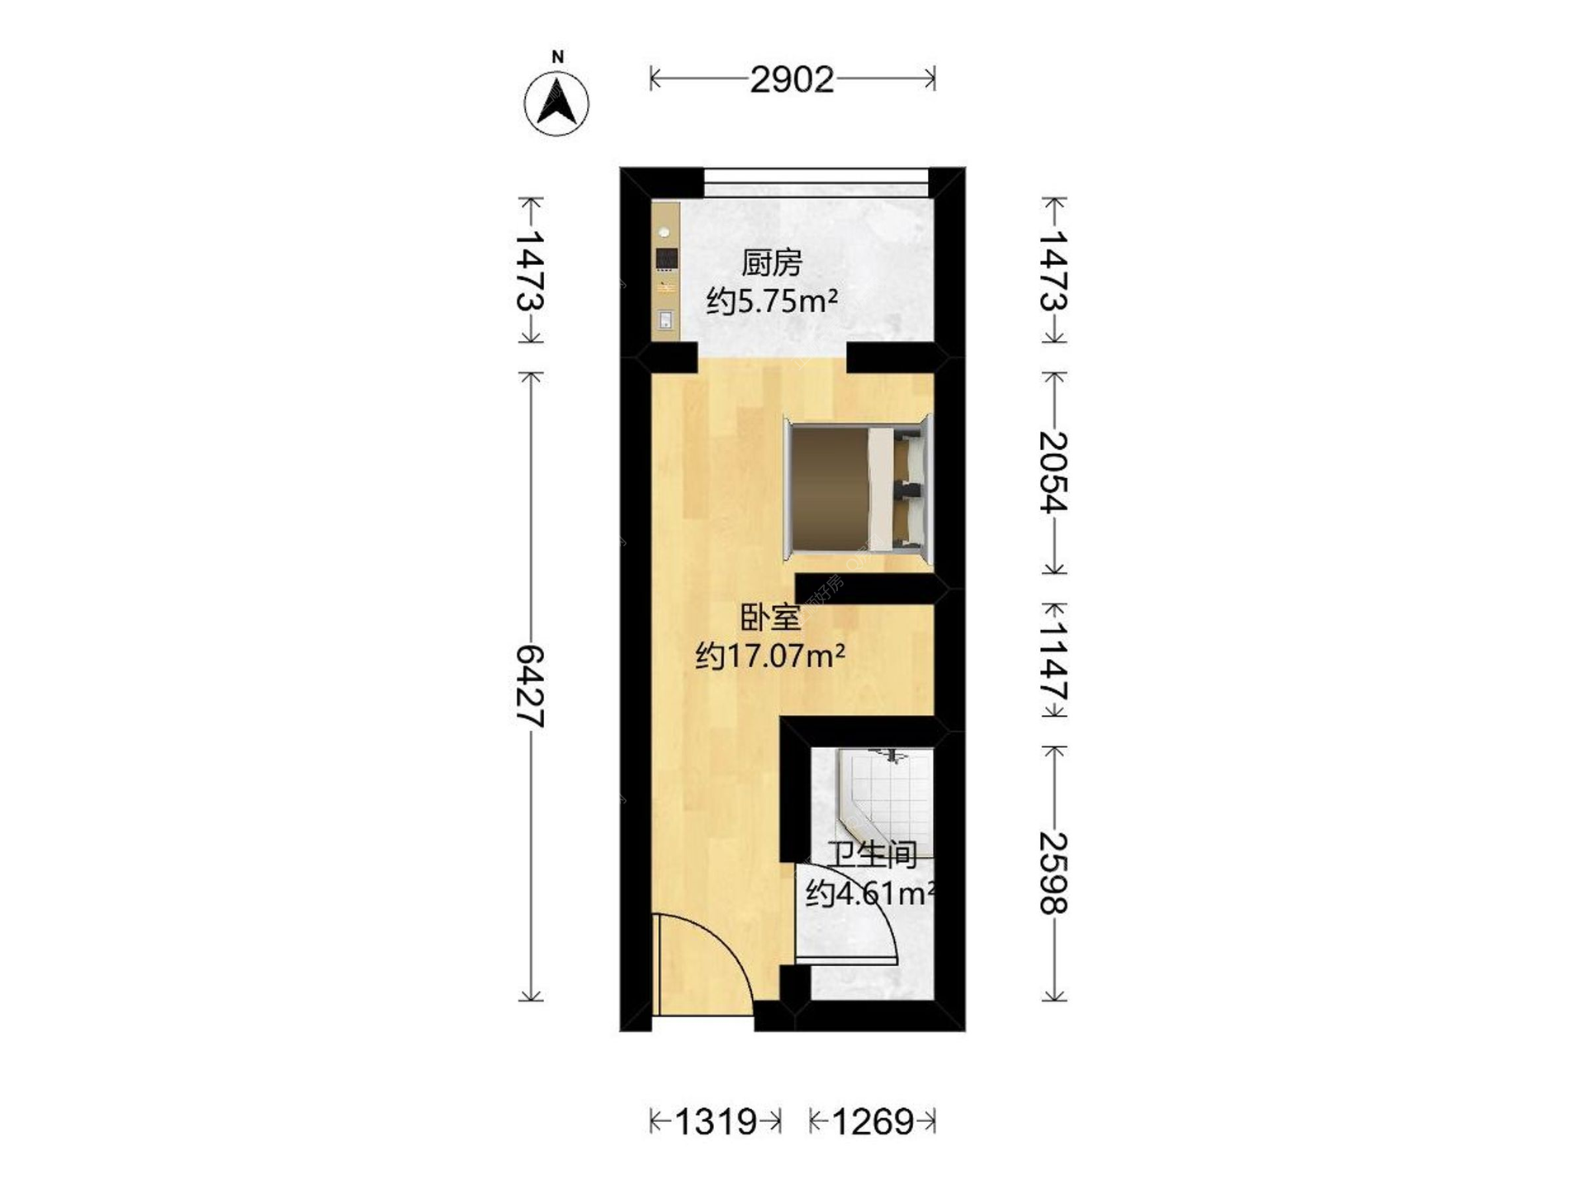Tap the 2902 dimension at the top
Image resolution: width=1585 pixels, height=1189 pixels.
tap(792, 80)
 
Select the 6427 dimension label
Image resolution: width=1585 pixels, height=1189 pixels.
tap(530, 686)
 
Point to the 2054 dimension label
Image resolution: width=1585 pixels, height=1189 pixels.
tap(1053, 472)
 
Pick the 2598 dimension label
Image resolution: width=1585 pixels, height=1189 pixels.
tap(1053, 873)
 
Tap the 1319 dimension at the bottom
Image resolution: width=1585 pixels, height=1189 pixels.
tap(716, 1121)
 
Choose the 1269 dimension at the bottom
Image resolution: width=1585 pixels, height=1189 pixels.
tap(873, 1121)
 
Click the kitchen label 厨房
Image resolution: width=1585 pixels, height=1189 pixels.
tap(772, 263)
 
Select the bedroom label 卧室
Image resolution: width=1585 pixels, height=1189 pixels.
tap(770, 618)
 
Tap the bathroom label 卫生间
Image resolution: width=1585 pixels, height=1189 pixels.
tap(873, 855)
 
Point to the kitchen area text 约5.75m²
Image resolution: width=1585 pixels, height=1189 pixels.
tap(772, 301)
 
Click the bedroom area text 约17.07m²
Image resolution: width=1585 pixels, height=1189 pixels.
tap(770, 656)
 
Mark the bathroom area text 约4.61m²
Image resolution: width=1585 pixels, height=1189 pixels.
tap(870, 893)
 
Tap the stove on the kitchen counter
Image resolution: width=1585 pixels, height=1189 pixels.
tap(665, 258)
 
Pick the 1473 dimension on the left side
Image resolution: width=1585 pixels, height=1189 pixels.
tap(530, 270)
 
